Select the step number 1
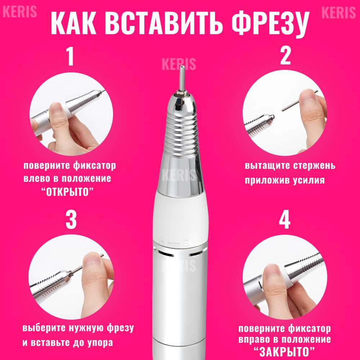70,56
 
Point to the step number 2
285,56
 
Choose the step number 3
71,220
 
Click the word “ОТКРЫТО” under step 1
68,192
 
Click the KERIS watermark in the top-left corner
20,12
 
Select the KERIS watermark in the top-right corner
339,12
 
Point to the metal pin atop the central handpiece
182,78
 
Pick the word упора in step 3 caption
100,343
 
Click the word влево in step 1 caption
36,179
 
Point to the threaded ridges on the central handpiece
180,135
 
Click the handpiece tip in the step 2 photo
271,118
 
